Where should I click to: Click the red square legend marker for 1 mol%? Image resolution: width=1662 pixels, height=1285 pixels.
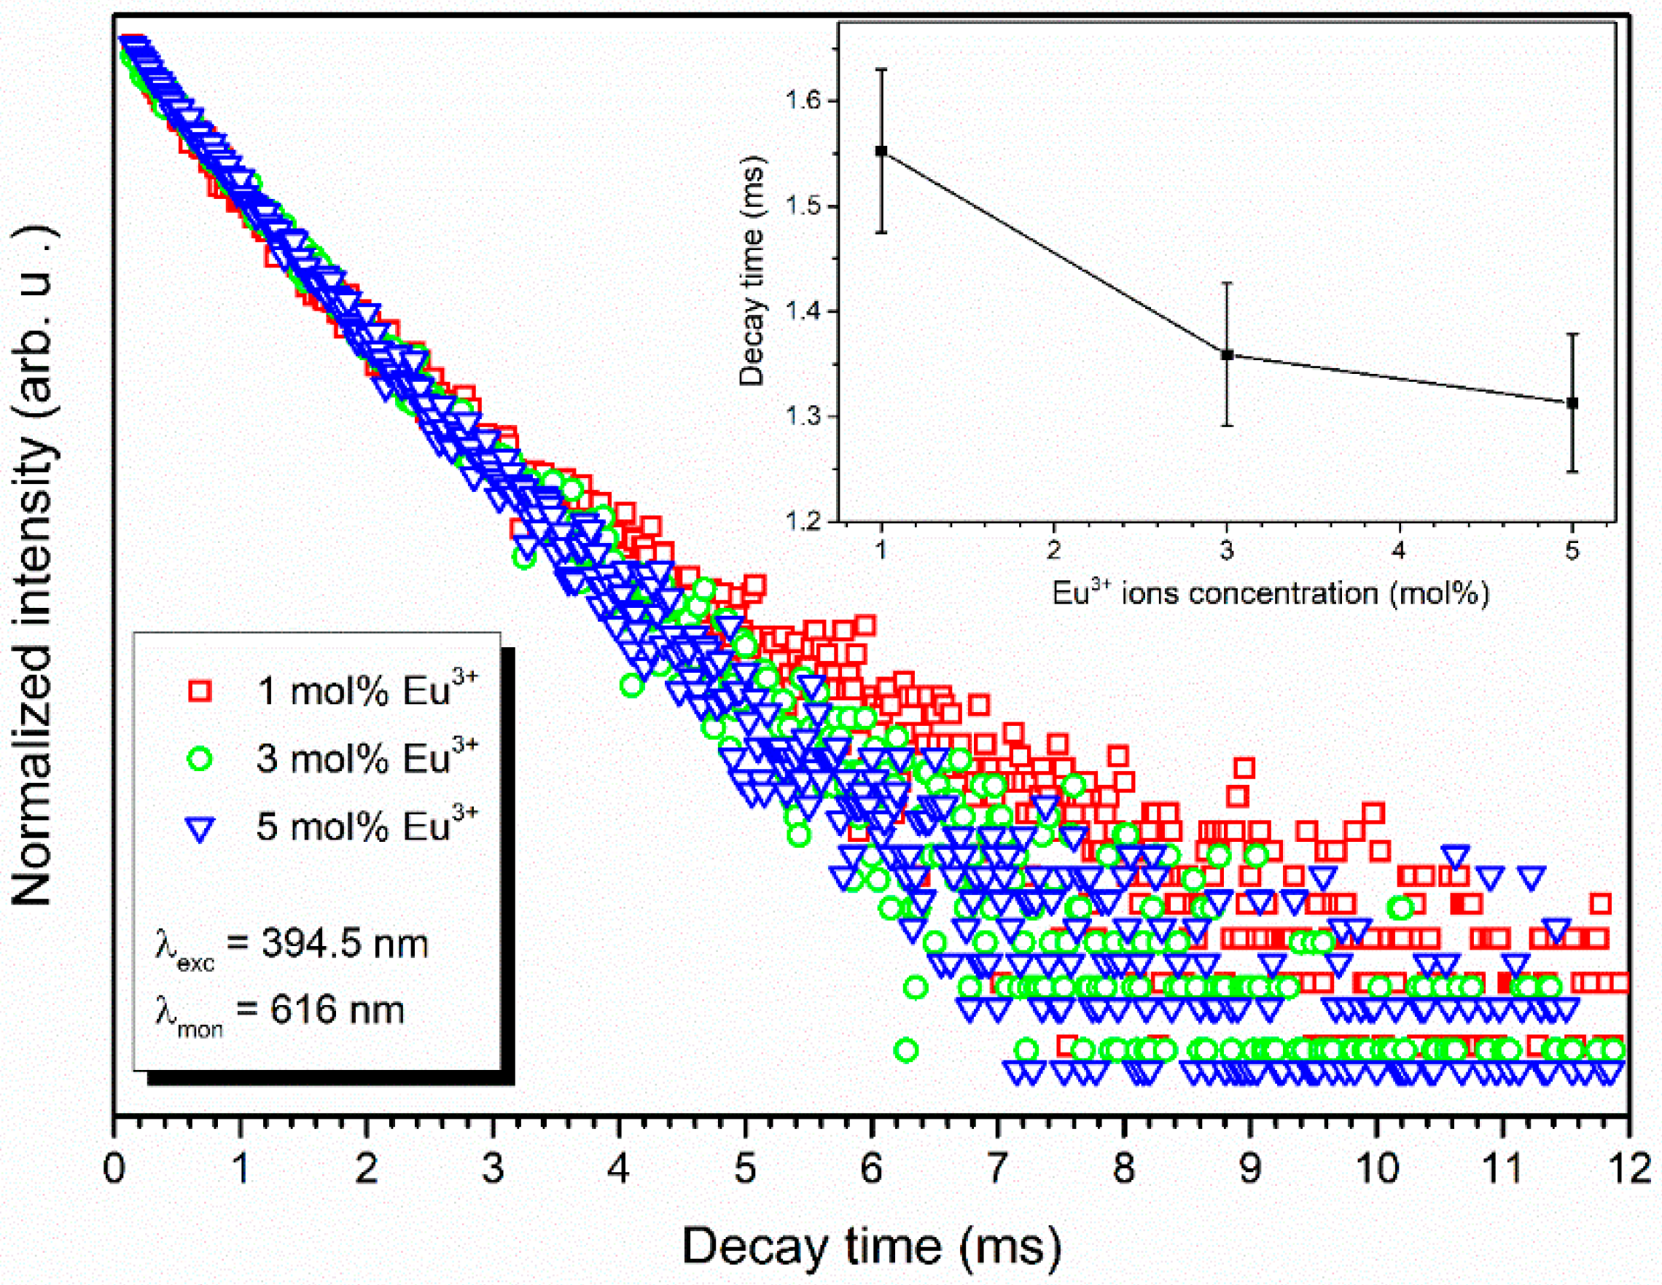pos(200,691)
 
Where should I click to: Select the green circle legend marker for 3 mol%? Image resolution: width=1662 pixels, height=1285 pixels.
pos(200,758)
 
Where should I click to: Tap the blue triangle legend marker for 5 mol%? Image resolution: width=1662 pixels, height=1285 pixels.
pos(200,828)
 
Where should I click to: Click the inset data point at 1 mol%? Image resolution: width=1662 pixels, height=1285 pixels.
pos(881,151)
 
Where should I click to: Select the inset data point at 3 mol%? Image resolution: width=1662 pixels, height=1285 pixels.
pos(1227,354)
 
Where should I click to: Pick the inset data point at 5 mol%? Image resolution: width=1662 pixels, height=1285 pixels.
pos(1572,402)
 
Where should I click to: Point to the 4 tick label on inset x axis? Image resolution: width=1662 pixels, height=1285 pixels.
pos(1400,550)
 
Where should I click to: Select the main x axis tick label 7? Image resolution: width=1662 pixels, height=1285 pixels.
pos(998,1168)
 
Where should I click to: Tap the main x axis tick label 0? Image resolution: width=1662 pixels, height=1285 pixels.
pos(114,1168)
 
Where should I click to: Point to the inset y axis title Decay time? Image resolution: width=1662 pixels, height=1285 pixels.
pos(752,272)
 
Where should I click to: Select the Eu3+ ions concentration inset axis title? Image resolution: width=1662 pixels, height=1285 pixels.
pos(1269,593)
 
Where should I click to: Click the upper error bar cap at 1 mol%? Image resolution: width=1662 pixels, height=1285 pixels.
pos(881,69)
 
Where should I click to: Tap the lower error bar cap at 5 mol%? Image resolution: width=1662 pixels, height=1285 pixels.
pos(1572,472)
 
